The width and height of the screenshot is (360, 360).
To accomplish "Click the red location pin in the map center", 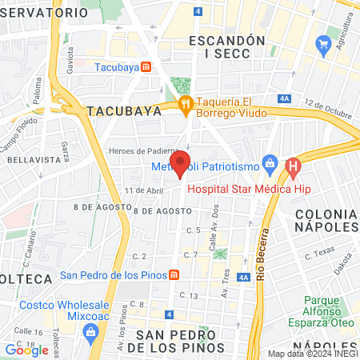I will [x=180, y=162].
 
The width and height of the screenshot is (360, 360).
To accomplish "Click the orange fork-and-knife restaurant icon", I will [x=186, y=102].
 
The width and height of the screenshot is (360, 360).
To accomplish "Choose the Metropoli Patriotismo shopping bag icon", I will [x=269, y=166].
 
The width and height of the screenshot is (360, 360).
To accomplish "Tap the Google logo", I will [x=26, y=350].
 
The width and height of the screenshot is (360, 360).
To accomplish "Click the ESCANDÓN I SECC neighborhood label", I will [x=226, y=46].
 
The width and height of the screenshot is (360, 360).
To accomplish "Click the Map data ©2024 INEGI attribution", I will [x=312, y=354].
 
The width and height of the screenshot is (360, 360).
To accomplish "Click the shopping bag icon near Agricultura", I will [x=323, y=43].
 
